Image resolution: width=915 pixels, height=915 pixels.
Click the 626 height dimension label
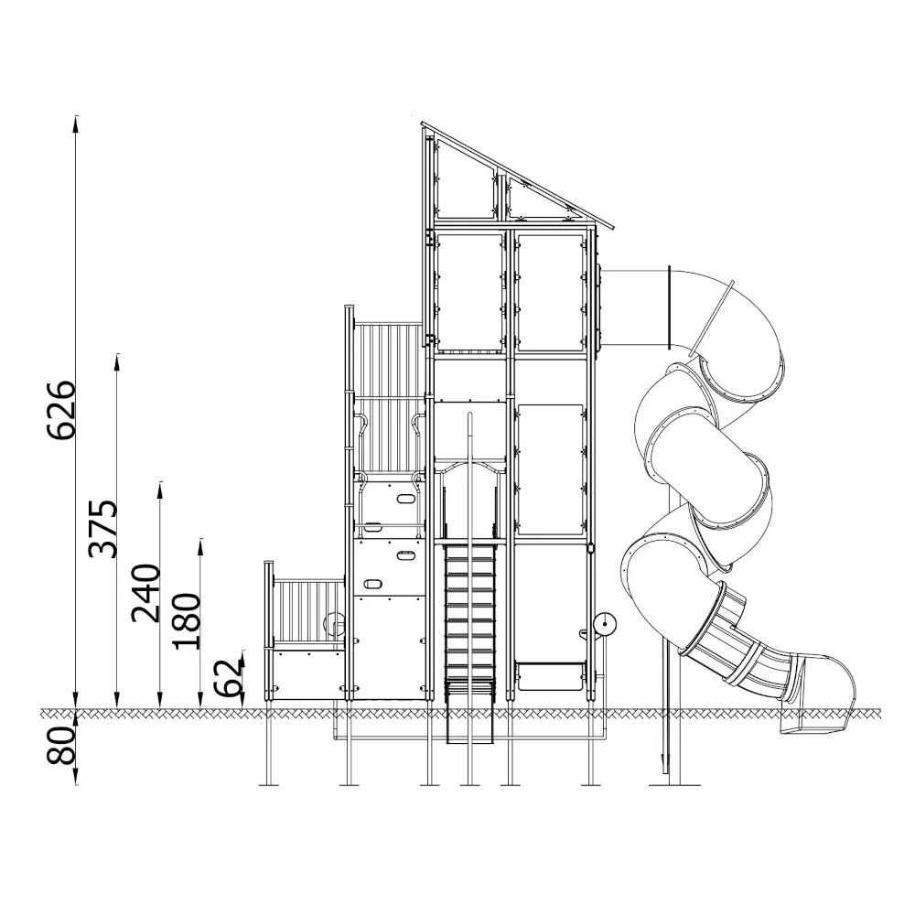click(61, 410)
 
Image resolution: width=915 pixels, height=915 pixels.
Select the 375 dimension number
click(102, 529)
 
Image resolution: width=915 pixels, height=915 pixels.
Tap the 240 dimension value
click(145, 594)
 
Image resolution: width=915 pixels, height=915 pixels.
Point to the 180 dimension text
click(186, 621)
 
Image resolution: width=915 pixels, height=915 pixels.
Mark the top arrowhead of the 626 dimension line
click(76, 124)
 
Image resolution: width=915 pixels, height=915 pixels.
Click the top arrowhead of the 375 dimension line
click(117, 361)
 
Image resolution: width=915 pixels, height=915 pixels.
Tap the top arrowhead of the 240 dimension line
click(160, 490)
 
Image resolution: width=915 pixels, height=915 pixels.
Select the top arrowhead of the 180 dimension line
click(200, 546)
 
